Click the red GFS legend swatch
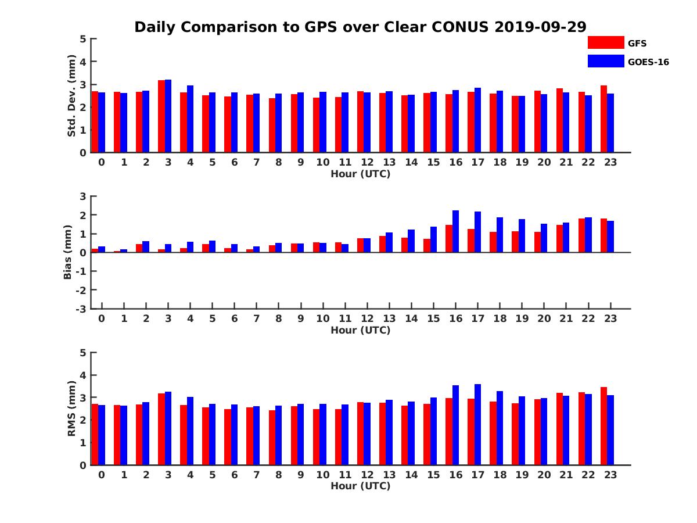click(605, 42)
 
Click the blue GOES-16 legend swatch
click(605, 61)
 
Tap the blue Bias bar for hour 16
click(456, 231)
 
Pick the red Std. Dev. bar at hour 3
click(161, 116)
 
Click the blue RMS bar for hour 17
click(478, 424)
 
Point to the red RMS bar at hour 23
click(604, 426)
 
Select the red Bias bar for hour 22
click(582, 235)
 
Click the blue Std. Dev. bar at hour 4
click(190, 119)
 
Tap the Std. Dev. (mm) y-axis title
click(71, 96)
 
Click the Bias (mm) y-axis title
click(68, 253)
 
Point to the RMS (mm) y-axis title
click(71, 409)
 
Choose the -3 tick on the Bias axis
click(82, 309)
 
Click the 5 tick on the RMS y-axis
click(84, 353)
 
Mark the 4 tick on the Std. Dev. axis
click(84, 62)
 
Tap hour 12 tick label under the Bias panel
click(367, 318)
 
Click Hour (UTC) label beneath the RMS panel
click(360, 486)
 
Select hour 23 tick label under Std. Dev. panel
click(610, 162)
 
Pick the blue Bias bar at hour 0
click(102, 249)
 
